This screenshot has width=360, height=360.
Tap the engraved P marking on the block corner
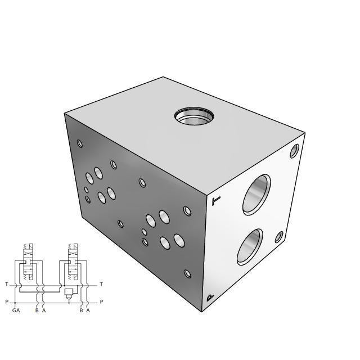tap(210, 298)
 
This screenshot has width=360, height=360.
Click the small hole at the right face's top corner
tap(295, 150)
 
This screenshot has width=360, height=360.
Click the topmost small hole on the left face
tap(80, 143)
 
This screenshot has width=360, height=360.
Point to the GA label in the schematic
tap(16, 310)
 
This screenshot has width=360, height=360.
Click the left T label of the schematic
tap(6, 284)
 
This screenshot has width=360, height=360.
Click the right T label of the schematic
tap(101, 284)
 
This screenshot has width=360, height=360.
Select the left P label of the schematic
tap(6, 302)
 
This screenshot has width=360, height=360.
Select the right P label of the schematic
tap(101, 302)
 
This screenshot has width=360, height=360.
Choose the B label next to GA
tap(37, 310)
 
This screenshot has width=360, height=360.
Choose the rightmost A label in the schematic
tap(88, 310)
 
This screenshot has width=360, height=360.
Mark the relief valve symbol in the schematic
tap(69, 292)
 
